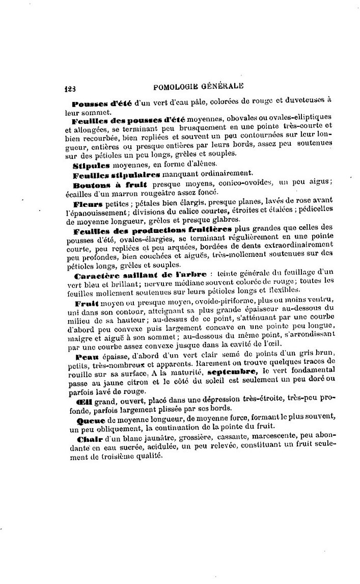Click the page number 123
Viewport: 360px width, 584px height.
70,87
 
